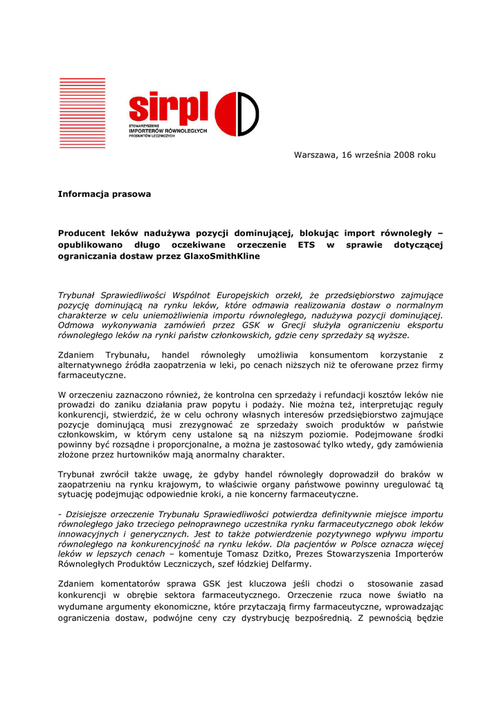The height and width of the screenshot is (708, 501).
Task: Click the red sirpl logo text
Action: (168, 108)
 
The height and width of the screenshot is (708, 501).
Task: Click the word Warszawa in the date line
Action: (316, 155)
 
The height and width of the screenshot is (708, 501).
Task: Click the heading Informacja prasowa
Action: (104, 194)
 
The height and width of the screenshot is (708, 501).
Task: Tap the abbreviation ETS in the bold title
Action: (306, 245)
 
